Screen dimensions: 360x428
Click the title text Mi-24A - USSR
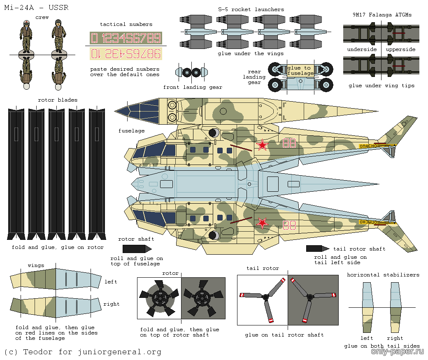[36, 8]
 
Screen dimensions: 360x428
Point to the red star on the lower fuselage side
[262, 223]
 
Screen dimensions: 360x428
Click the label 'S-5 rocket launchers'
[251, 9]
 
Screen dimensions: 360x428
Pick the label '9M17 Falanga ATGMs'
[382, 15]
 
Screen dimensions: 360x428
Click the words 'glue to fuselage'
[300, 71]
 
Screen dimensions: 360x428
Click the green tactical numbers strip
[126, 38]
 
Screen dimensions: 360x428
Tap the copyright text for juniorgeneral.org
[83, 352]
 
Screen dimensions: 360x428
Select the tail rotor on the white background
[262, 297]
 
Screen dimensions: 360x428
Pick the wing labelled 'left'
[56, 280]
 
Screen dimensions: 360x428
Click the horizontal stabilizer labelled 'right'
[395, 307]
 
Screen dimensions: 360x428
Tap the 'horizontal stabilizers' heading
[383, 275]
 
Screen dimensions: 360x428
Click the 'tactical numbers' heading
[126, 25]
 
